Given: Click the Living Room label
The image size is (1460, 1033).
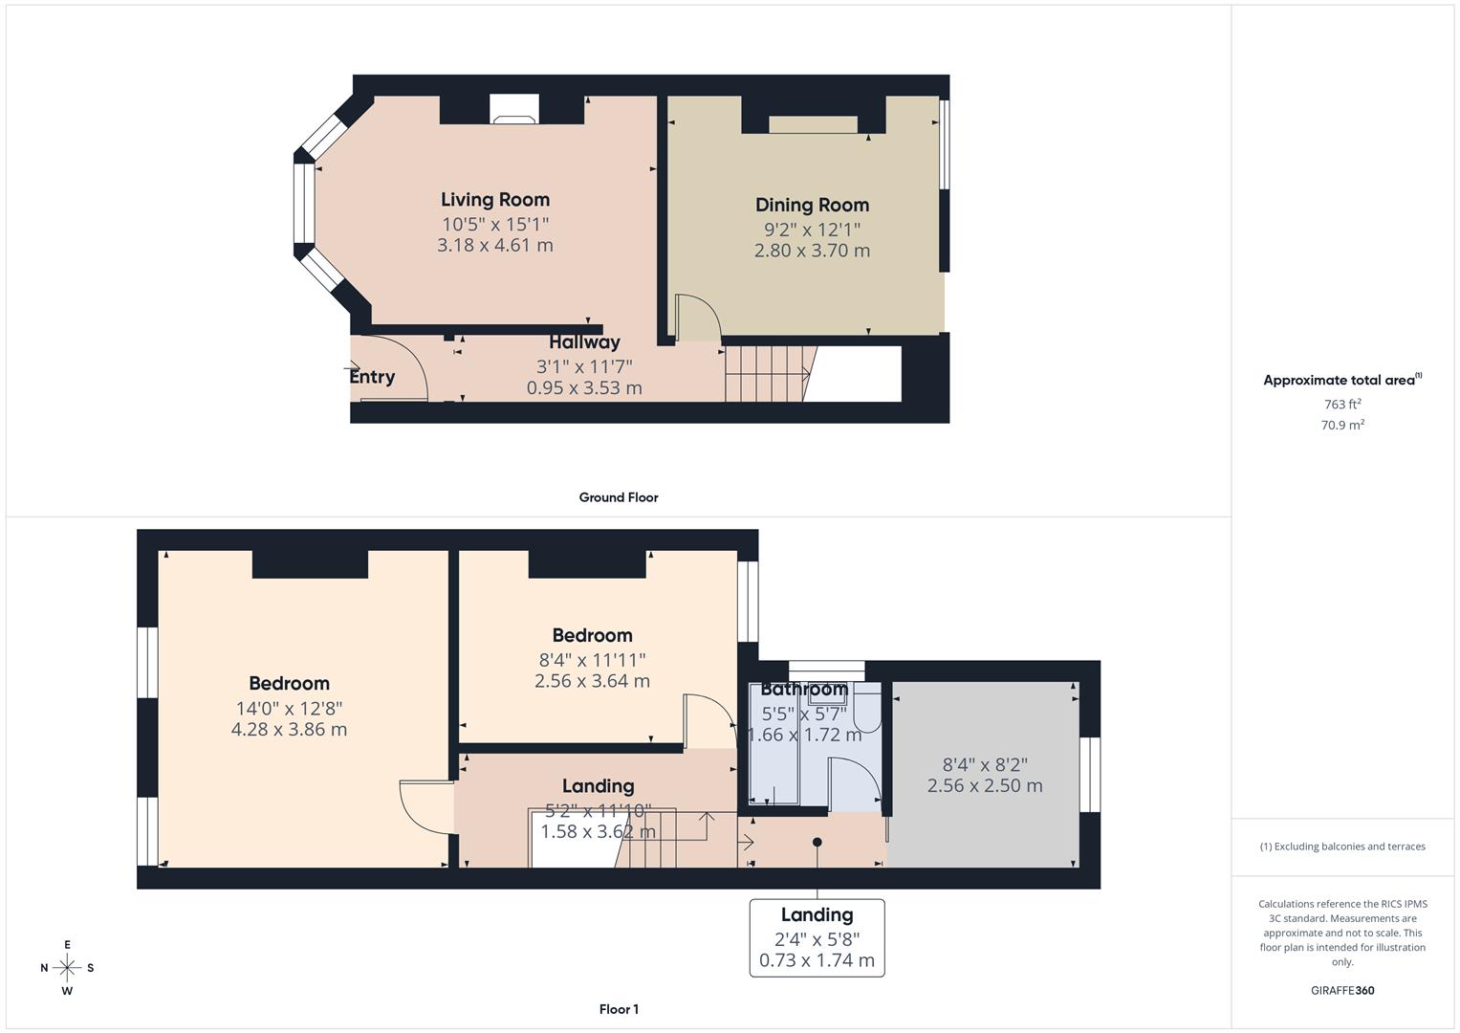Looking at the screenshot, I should (x=494, y=200).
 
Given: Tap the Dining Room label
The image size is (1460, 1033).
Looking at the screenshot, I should (x=812, y=205).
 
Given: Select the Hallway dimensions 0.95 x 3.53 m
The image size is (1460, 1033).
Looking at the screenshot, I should (x=584, y=387).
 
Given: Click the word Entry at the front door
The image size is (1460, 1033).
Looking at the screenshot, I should (x=372, y=377).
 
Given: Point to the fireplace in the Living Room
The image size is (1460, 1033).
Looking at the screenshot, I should (x=513, y=110).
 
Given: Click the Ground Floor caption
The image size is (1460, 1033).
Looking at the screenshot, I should (x=618, y=497).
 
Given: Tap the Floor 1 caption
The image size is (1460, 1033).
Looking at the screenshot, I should (x=619, y=1009).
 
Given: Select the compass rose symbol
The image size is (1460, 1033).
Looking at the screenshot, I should (x=67, y=968).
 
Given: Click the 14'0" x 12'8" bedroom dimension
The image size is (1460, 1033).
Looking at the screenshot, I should (x=289, y=709).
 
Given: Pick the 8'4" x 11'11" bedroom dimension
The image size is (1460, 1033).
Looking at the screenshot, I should (x=592, y=660).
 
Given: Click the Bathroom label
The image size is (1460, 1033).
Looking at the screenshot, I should (x=803, y=690).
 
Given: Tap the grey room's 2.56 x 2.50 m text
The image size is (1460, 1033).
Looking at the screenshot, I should (x=985, y=785).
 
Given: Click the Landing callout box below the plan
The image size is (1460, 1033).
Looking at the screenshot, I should (x=817, y=937).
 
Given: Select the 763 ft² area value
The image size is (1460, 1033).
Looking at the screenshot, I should (x=1341, y=405).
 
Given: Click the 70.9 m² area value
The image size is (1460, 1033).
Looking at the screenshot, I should (x=1341, y=426).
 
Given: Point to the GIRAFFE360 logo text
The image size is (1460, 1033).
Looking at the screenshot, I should (x=1341, y=990).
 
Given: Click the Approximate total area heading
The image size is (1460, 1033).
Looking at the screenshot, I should (x=1341, y=381).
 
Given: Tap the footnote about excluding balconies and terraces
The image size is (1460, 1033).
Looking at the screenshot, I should (x=1341, y=846).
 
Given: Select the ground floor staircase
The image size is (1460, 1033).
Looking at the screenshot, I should (x=765, y=373).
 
